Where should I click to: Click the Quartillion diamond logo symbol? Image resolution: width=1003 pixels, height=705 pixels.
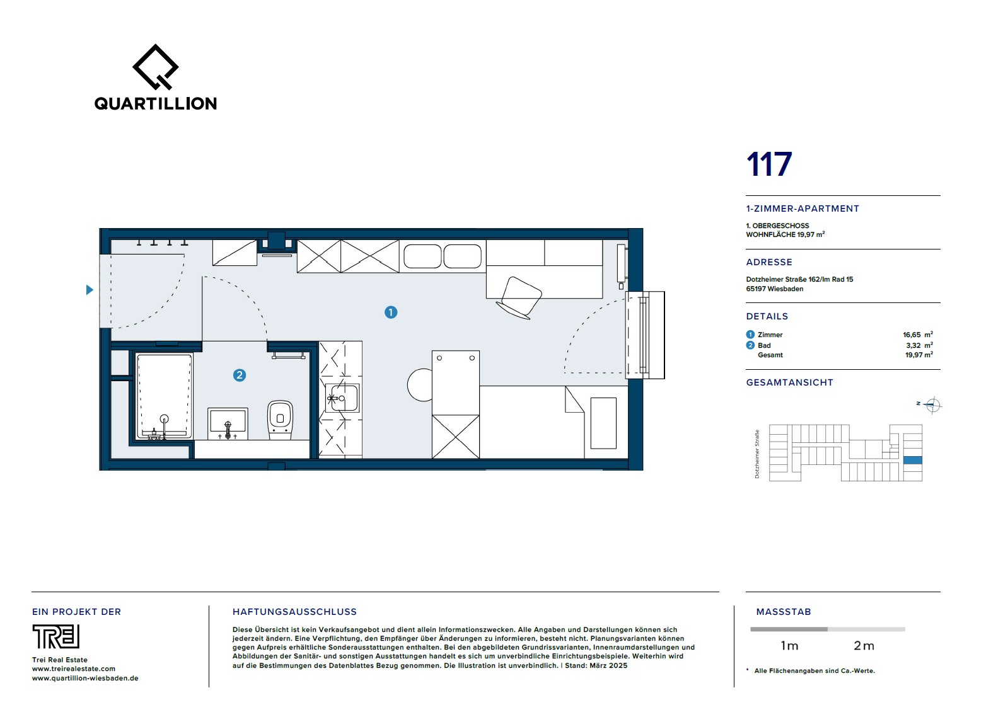point(155,67)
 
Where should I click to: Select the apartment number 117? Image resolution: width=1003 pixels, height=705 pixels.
point(769,164)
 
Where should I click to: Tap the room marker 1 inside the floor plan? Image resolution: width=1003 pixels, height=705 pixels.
point(391,312)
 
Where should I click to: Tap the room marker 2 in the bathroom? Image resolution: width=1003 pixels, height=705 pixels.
point(240,375)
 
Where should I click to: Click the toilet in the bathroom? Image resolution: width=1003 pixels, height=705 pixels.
point(280,420)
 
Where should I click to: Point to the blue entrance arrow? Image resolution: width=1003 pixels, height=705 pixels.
point(90,290)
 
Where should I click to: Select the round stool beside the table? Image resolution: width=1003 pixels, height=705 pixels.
point(420,385)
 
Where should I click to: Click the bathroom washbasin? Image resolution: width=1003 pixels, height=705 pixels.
point(228,423)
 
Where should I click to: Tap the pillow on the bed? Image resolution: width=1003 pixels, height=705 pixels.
point(603,423)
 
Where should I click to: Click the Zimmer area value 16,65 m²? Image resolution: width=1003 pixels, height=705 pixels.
point(918,335)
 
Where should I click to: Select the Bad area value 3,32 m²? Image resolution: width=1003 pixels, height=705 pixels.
point(920,345)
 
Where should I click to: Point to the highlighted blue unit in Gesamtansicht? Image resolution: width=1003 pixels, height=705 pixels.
point(913,460)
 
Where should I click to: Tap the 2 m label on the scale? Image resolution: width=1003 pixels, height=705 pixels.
point(864,646)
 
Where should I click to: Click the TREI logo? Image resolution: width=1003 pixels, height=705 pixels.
point(56,636)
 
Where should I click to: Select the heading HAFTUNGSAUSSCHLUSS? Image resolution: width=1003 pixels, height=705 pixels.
point(294,612)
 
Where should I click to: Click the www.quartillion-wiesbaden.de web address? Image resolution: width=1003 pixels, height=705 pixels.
point(85,678)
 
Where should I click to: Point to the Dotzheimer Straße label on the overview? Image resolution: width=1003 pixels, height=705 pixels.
point(757,454)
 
